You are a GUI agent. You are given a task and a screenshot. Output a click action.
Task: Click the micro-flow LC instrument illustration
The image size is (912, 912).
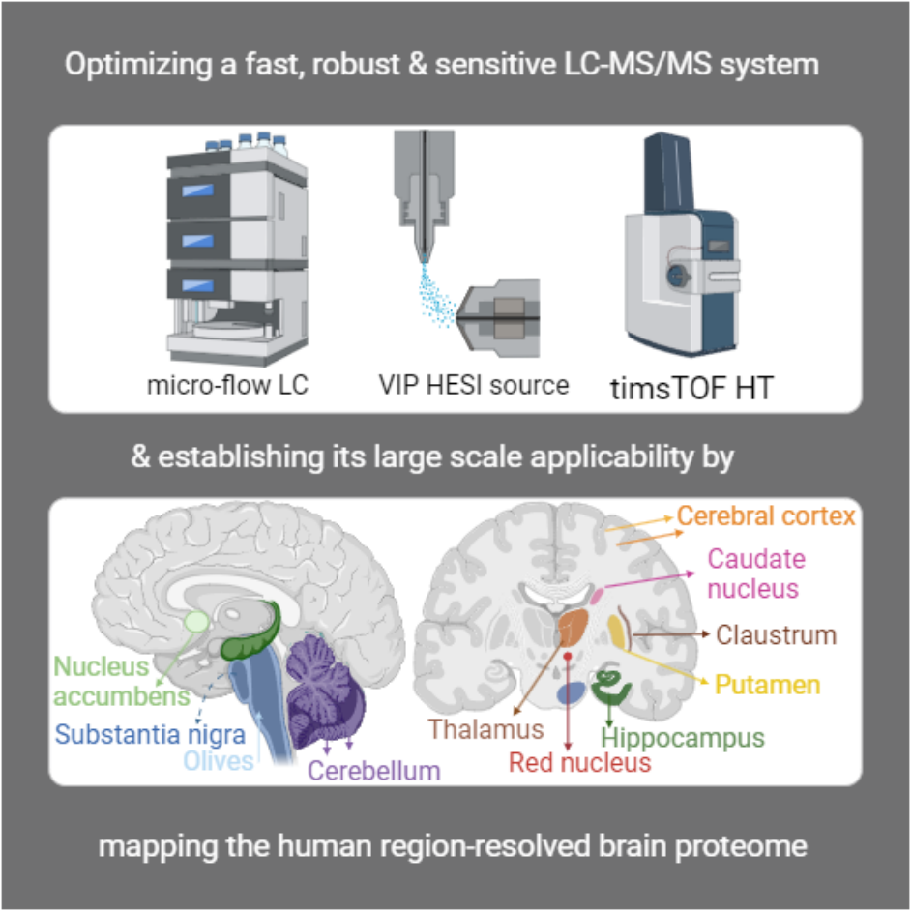(x=237, y=250)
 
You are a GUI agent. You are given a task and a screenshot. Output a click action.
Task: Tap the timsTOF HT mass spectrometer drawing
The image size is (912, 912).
(x=682, y=245)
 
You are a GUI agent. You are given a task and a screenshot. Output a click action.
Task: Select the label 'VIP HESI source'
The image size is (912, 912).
(x=474, y=385)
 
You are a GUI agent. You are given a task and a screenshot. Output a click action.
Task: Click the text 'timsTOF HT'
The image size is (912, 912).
(x=691, y=388)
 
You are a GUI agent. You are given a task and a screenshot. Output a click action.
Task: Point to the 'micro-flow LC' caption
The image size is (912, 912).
(x=227, y=385)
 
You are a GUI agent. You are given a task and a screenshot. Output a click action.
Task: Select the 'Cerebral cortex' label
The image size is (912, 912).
(x=766, y=515)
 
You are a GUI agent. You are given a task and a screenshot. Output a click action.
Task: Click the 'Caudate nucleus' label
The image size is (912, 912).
(x=756, y=574)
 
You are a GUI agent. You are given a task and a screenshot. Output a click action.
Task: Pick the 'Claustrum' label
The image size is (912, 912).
(x=776, y=634)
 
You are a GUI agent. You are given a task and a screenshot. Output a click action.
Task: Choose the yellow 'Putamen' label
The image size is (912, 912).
(x=767, y=685)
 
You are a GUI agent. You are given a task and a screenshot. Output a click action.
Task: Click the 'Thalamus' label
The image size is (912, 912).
(x=485, y=729)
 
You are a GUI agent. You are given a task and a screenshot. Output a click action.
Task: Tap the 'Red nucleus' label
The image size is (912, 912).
(x=580, y=762)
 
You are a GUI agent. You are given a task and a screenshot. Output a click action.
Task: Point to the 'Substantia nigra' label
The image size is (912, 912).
(x=150, y=735)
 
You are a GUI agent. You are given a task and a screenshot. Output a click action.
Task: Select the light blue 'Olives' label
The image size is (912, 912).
(x=219, y=761)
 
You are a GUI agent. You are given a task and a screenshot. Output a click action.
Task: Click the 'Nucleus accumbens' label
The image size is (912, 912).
(x=121, y=681)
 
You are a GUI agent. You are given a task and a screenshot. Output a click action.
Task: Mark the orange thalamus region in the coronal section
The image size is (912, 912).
(x=573, y=627)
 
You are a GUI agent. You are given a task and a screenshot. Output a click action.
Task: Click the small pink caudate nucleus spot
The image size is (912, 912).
(x=597, y=596)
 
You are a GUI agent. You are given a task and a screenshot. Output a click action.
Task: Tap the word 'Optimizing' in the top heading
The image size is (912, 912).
(x=138, y=65)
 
